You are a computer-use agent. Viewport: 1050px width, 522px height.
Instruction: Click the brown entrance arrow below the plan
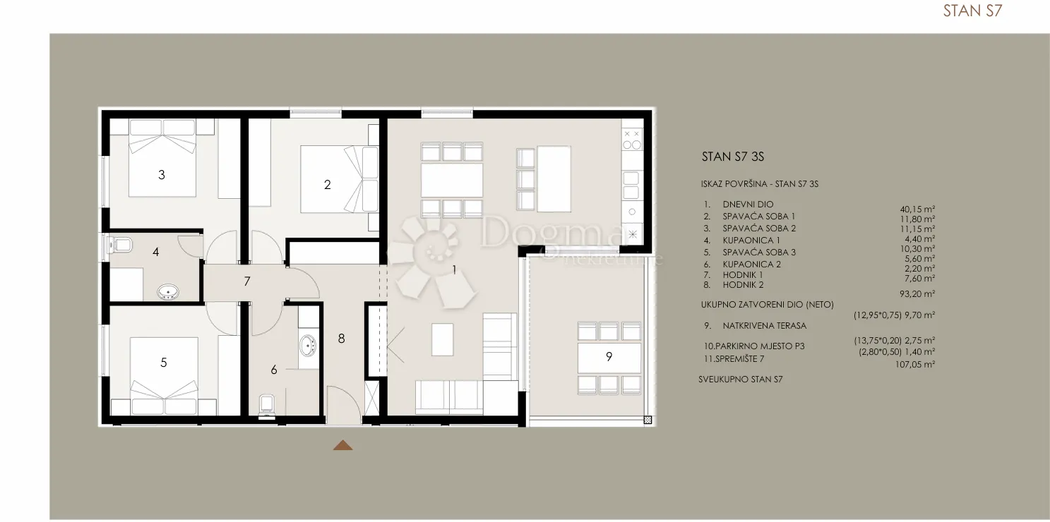pos(342,445)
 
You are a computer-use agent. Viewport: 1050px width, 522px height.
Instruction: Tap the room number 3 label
pos(162,175)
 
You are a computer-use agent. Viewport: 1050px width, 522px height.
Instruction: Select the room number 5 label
pos(164,363)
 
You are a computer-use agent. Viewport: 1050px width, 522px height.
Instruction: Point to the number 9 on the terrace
pos(609,357)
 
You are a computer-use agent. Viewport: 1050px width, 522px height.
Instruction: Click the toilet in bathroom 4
pos(120,244)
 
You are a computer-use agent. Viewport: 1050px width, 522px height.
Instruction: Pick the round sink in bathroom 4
pos(168,292)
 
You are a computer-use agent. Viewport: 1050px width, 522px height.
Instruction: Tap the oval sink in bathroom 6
pos(308,346)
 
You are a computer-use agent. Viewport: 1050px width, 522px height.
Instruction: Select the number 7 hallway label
pos(247,281)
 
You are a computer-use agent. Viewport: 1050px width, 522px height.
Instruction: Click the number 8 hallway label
pos(341,339)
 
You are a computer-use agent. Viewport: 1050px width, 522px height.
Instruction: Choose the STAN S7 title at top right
pos(972,11)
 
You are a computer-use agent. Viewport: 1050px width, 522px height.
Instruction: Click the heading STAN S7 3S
pos(733,157)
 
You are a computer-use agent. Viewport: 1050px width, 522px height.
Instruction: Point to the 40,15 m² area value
pos(917,210)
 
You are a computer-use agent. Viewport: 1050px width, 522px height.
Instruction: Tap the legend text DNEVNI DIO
pos(748,204)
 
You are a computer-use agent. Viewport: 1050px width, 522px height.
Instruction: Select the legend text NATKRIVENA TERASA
pos(765,325)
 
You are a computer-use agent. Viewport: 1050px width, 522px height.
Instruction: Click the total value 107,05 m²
pos(915,364)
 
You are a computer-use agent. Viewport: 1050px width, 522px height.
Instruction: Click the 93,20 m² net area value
pos(917,294)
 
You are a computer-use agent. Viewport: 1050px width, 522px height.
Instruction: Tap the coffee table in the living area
pos(442,339)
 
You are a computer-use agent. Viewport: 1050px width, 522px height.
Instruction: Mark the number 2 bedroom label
pos(327,185)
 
